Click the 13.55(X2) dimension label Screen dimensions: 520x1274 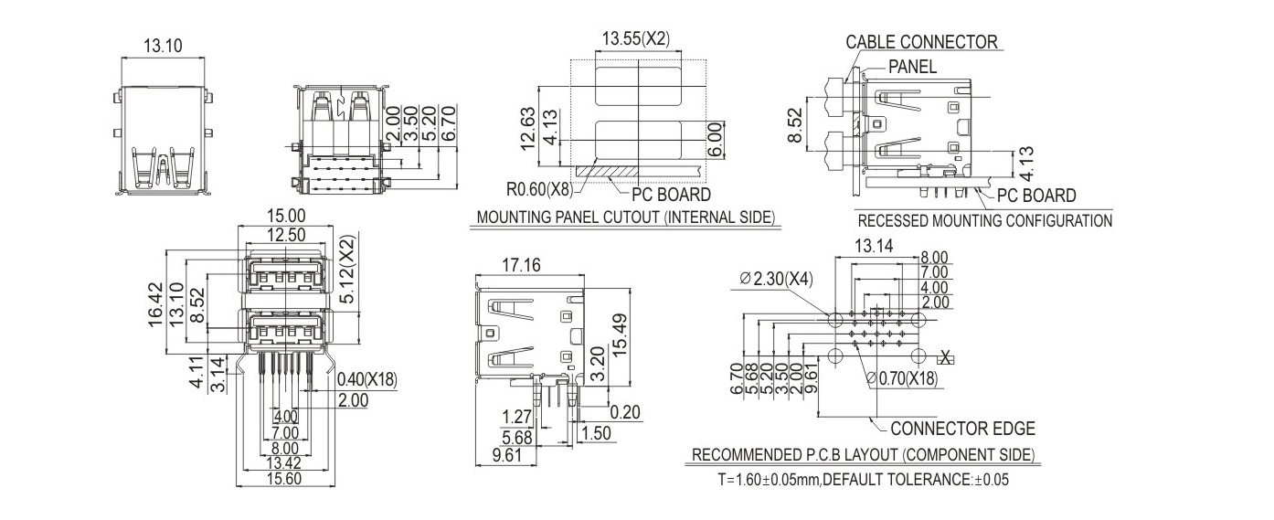(636, 38)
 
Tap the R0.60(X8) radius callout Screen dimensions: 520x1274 (539, 190)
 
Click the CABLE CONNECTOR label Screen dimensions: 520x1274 (921, 42)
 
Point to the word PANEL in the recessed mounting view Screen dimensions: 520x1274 (912, 67)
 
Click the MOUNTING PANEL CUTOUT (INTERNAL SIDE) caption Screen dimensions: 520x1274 (626, 218)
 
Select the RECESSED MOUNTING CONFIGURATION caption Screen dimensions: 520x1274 (984, 220)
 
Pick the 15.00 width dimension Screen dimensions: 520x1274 (283, 216)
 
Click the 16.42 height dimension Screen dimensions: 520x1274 (156, 304)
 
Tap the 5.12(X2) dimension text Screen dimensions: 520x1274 (345, 271)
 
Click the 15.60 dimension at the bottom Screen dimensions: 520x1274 (285, 478)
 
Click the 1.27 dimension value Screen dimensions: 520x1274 (516, 418)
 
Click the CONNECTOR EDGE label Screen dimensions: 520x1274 (962, 429)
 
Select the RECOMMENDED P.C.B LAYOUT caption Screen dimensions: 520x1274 (863, 455)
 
